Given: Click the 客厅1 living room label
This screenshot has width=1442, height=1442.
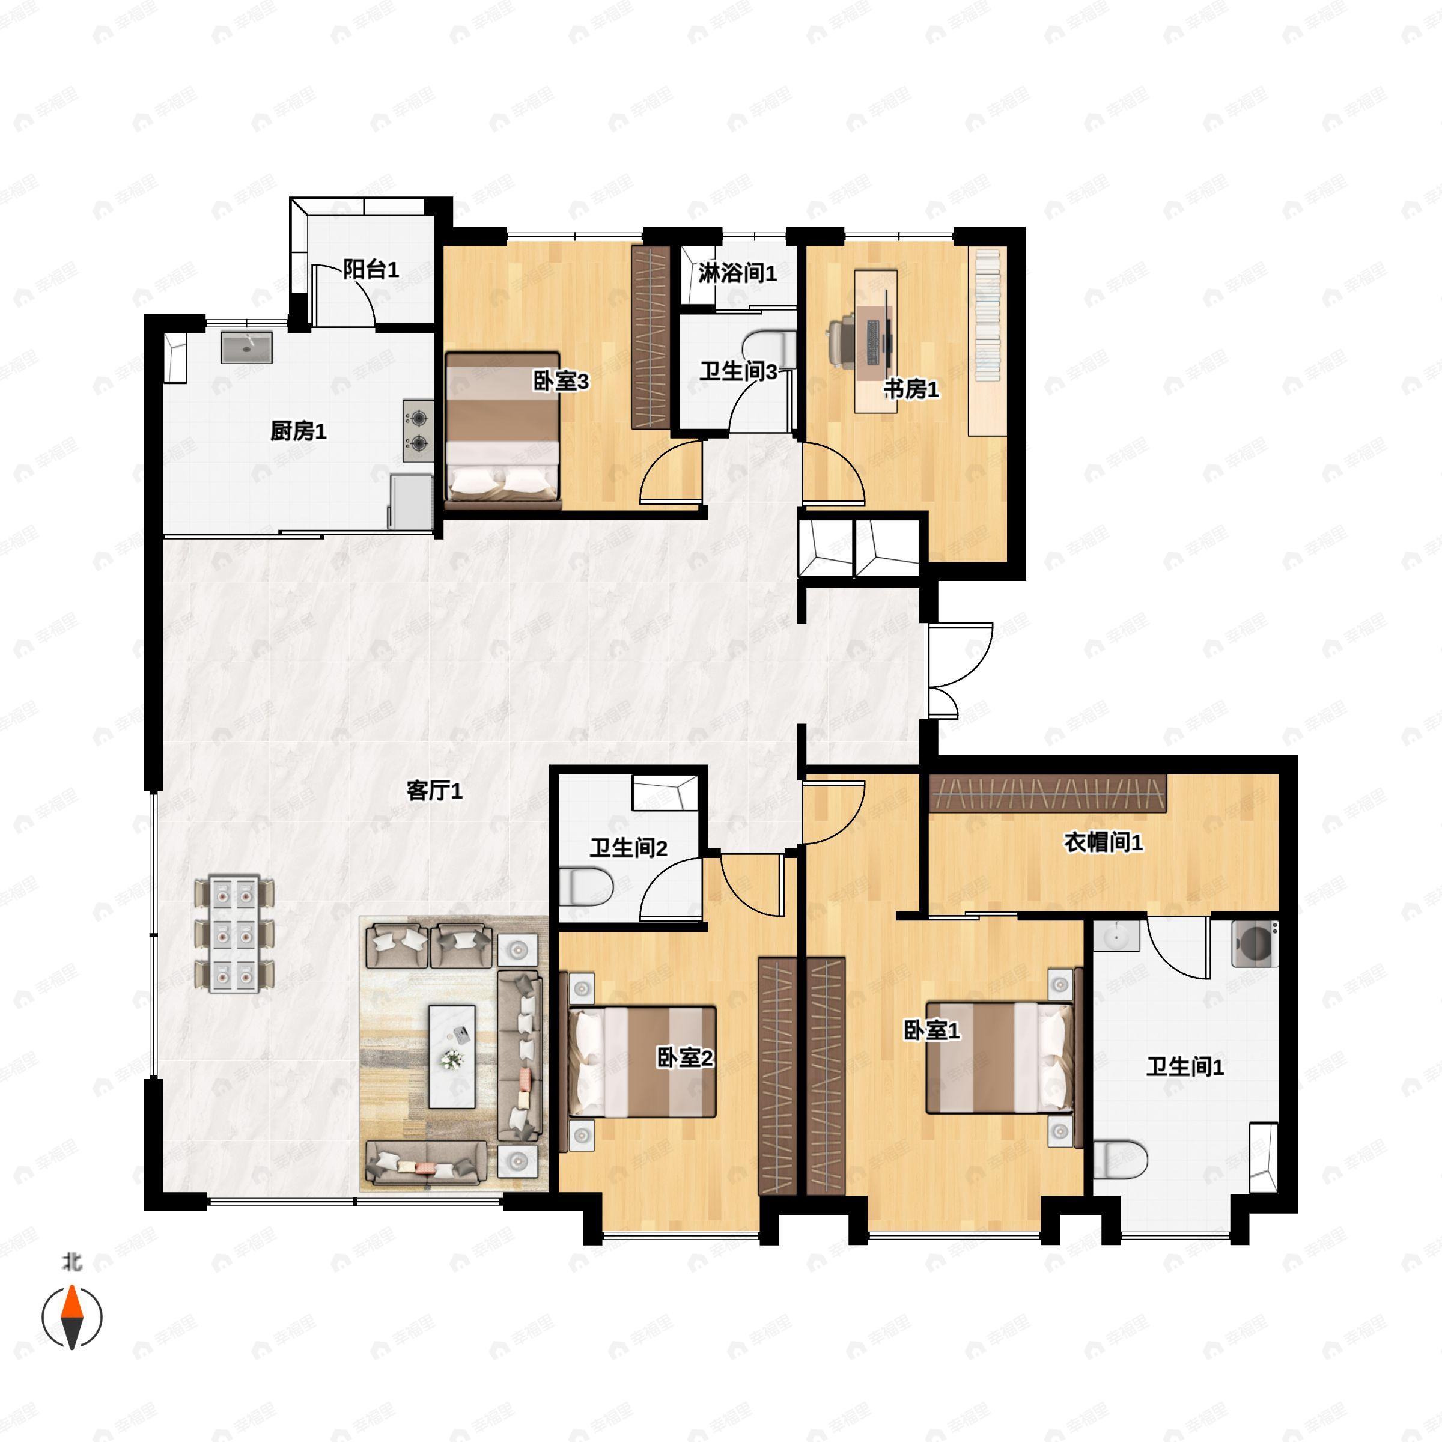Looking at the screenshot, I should pos(434,791).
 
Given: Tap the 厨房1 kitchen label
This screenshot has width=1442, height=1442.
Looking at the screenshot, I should pos(298,431).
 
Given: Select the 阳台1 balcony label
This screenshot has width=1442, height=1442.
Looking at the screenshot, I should pos(370,269).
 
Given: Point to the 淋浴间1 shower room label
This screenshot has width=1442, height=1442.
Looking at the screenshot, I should pos(737,273).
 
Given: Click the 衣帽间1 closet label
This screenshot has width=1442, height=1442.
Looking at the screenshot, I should pos(1103,842).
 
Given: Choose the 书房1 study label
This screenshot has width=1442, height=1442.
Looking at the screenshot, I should pos(911,389).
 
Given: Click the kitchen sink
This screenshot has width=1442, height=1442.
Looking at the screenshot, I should pos(246,348).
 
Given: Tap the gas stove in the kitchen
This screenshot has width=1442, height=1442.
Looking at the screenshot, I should pos(418,431).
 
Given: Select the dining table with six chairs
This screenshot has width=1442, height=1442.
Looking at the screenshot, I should pos(234,934).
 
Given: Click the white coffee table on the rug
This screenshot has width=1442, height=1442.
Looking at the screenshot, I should pos(452,1056).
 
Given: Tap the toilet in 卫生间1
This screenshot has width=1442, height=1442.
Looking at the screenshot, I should pos(1119,1159).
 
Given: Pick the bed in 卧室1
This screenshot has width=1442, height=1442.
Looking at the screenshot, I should pos(1000,1058).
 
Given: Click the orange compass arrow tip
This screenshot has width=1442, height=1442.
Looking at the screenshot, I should pos(71,1301).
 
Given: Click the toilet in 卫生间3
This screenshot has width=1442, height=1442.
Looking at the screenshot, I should pos(769,348).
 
